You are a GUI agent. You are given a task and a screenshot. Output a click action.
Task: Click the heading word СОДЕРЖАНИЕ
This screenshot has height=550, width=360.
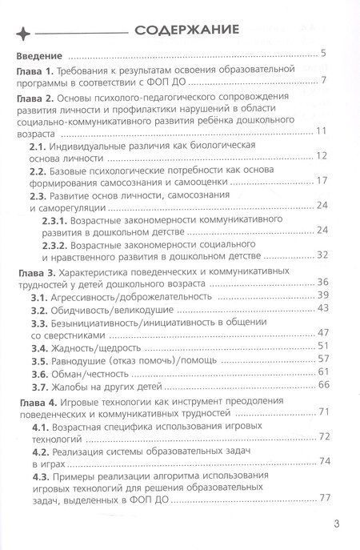coord(186,31)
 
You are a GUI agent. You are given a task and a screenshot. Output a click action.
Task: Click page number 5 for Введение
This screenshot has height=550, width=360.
coord(322,54)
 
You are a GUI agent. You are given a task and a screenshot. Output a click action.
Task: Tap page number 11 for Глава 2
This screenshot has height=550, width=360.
coord(319,130)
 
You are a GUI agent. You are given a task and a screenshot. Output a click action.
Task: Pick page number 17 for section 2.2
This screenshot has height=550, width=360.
coord(319,181)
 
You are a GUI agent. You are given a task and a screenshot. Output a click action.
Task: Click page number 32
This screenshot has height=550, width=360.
coord(319,255)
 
